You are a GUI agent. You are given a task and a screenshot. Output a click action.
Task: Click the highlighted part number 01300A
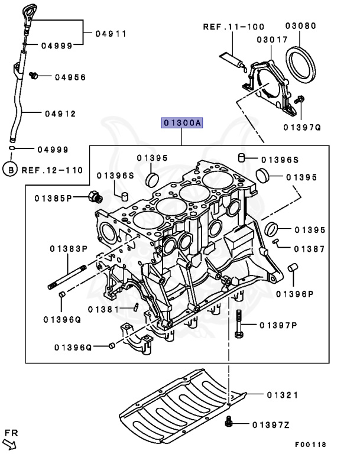(183, 123)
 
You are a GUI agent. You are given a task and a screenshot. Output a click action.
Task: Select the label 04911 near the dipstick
(111, 34)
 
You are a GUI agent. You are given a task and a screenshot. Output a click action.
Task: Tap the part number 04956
(70, 77)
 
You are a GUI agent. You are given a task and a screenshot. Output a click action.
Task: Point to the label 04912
(60, 113)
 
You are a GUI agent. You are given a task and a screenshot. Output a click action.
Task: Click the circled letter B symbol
(9, 170)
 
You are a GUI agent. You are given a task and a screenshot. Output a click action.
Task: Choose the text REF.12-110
(53, 170)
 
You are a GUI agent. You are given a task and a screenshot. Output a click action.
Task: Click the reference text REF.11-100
(233, 27)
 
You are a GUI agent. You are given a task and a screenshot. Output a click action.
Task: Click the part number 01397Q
(301, 127)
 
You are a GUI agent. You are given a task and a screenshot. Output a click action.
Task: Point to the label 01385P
(52, 197)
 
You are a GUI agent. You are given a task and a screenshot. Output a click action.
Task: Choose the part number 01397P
(277, 325)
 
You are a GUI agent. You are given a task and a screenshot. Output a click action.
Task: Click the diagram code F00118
(310, 444)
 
